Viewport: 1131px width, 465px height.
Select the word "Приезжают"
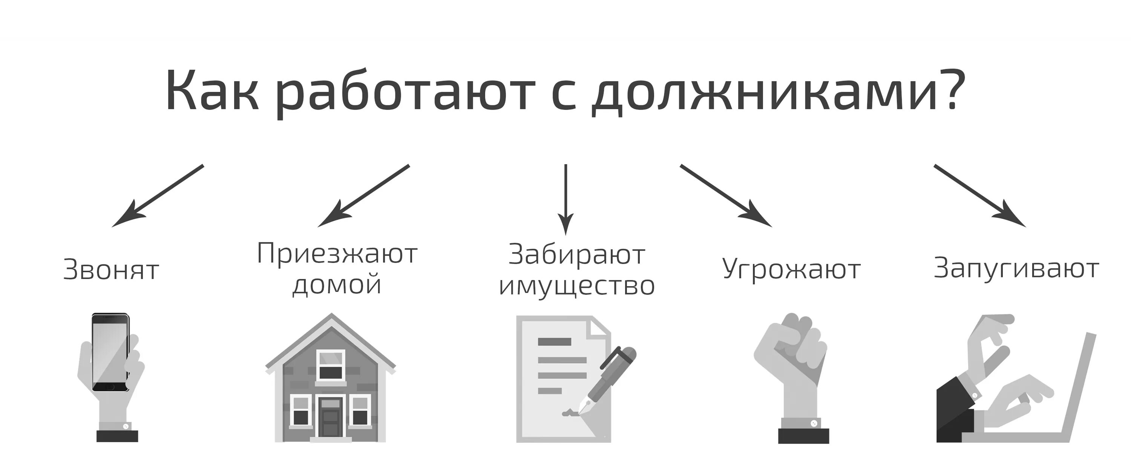[337, 253]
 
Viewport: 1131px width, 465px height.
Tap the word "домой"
[337, 284]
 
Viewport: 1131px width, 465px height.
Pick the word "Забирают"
[576, 255]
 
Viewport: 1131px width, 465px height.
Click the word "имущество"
[576, 286]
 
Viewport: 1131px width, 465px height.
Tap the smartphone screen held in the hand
[110, 351]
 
